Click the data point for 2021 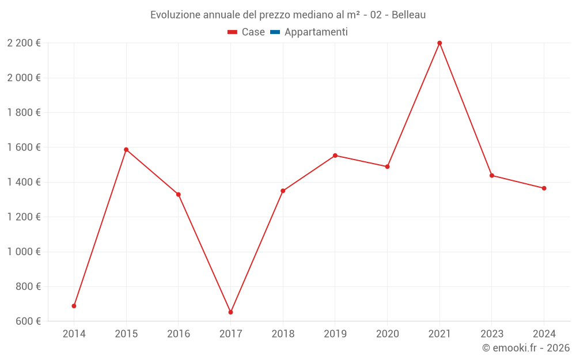coord(439,43)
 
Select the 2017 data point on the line coord(230,312)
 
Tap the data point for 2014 coord(74,306)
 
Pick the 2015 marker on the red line coord(126,150)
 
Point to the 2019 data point coord(335,156)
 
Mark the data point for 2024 coord(544,188)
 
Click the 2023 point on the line coord(492,176)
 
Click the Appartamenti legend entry coord(316,32)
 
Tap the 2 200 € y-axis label coord(24,43)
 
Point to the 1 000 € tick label coord(24,252)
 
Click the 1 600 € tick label coord(24,147)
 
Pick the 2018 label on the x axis coord(283,334)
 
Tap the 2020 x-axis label coord(387,334)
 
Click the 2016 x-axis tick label coord(179,334)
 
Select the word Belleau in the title coord(408,15)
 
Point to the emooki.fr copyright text coord(526,348)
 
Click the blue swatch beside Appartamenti coord(275,32)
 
